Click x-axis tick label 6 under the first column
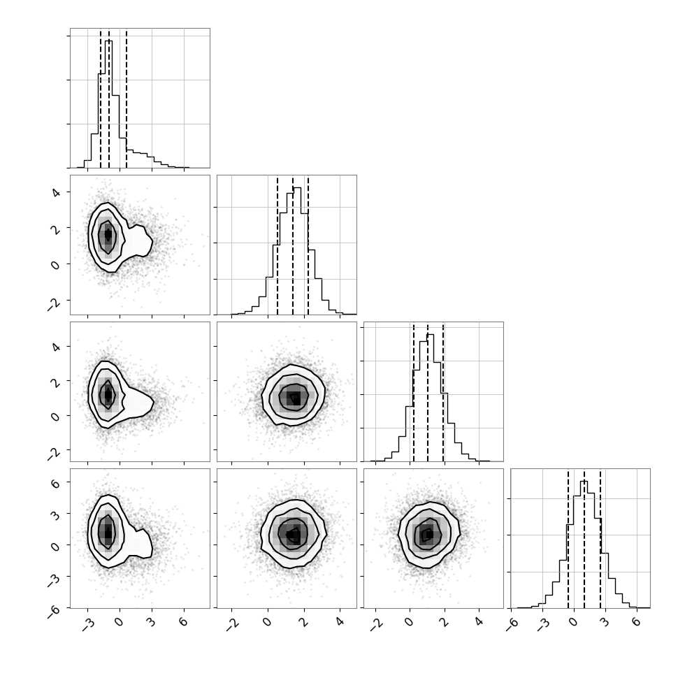point(183,622)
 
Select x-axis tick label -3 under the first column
point(88,623)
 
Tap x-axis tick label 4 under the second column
point(340,622)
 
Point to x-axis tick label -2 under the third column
point(376,623)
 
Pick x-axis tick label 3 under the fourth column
point(605,622)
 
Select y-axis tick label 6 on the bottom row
point(55,483)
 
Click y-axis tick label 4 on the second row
point(55,192)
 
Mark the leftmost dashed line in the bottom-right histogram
point(568,538)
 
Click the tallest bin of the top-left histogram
point(108,103)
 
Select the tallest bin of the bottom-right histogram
point(584,544)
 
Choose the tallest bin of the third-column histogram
point(431,398)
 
